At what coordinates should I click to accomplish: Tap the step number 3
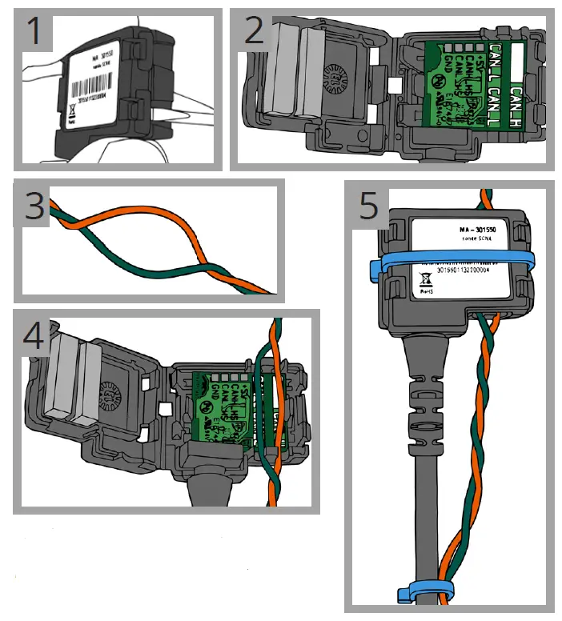click(34, 207)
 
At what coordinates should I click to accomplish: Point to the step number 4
click(33, 335)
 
